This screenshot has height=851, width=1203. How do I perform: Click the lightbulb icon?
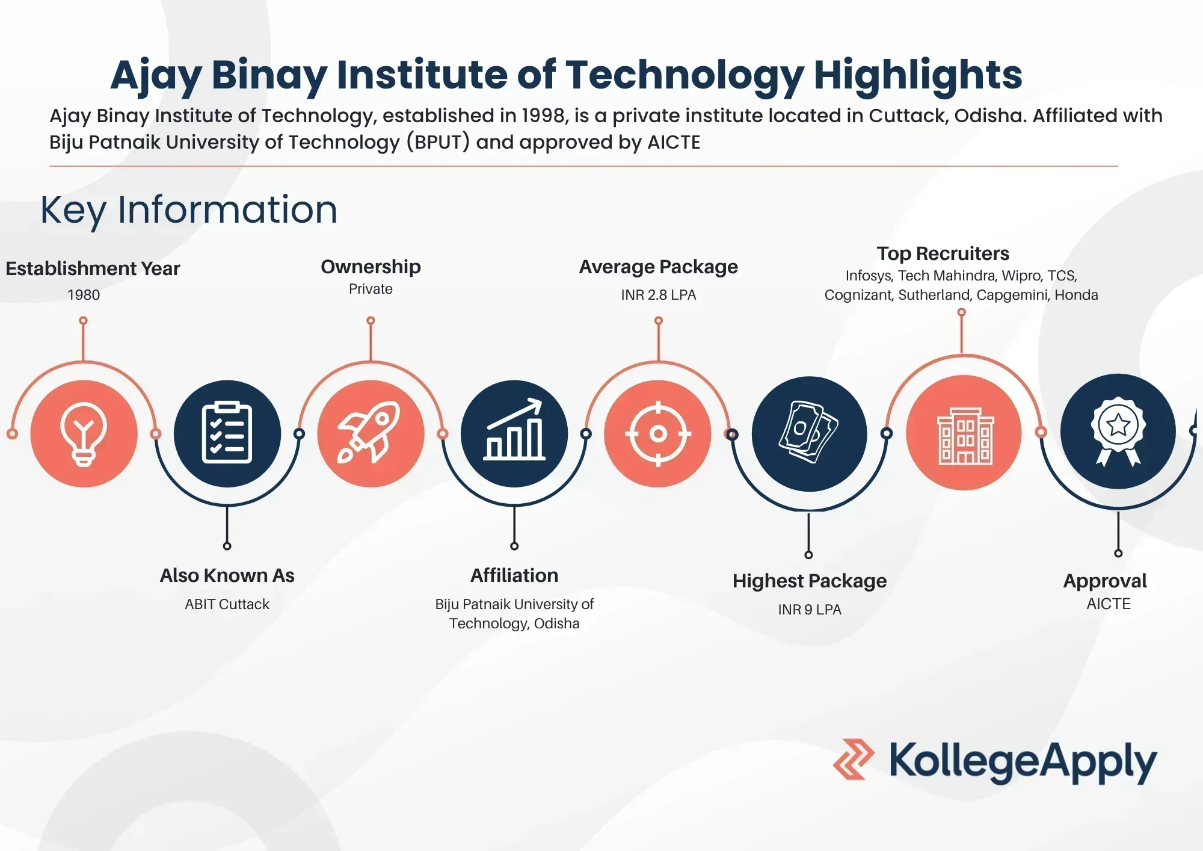[84, 433]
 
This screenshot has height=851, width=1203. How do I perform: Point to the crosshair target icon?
[658, 433]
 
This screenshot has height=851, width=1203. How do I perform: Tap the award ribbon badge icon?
[1118, 431]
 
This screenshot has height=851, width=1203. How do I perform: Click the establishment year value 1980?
[84, 295]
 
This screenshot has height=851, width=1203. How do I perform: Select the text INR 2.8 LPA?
[658, 295]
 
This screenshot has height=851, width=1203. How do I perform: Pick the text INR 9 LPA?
[809, 610]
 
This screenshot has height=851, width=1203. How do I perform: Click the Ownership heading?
[371, 267]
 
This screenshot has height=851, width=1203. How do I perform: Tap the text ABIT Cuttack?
[227, 604]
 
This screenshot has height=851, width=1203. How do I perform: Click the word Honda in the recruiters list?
[1076, 295]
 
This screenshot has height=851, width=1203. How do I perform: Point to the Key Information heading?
[189, 210]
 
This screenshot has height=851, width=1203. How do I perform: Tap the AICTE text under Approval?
[1108, 604]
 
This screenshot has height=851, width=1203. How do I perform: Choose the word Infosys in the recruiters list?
[869, 276]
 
